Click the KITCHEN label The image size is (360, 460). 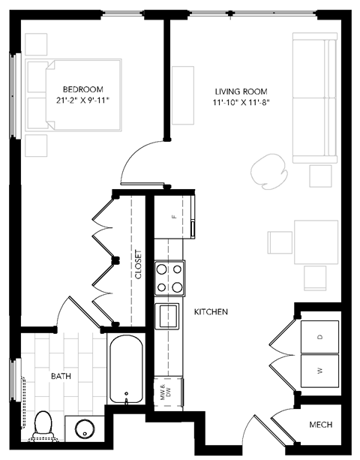point(211,311)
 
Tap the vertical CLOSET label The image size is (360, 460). point(138,264)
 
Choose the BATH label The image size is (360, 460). point(61,375)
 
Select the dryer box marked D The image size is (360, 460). point(319,337)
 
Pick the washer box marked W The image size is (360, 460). point(319,371)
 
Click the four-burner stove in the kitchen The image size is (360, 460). point(169,278)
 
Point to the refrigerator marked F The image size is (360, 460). point(174,216)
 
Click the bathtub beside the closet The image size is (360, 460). point(127,371)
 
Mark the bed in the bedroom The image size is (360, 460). point(73,97)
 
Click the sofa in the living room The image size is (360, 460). point(313,98)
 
